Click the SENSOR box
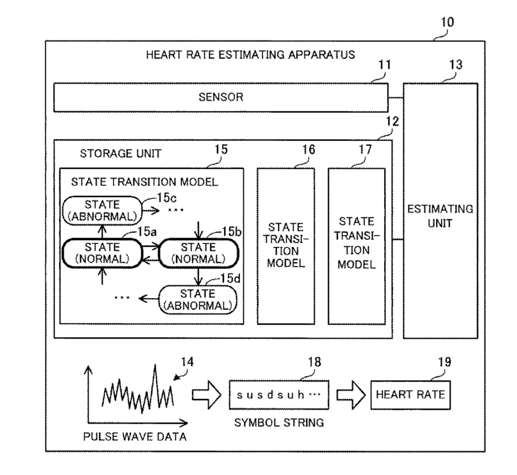(221, 97)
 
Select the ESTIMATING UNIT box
(440, 211)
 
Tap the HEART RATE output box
(410, 395)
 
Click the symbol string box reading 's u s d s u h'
(279, 395)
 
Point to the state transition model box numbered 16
(286, 246)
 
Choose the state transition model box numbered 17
(357, 246)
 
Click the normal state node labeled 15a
(102, 253)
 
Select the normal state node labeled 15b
(198, 253)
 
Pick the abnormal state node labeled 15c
(102, 211)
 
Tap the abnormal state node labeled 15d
(198, 300)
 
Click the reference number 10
(447, 22)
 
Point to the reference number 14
(187, 362)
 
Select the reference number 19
(445, 362)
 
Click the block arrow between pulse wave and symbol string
(206, 395)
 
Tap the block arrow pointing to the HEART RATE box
(351, 395)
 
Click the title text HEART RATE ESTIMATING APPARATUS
(251, 55)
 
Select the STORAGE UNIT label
(121, 153)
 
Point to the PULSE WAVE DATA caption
(135, 437)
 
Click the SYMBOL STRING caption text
(279, 423)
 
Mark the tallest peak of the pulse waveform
(155, 365)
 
